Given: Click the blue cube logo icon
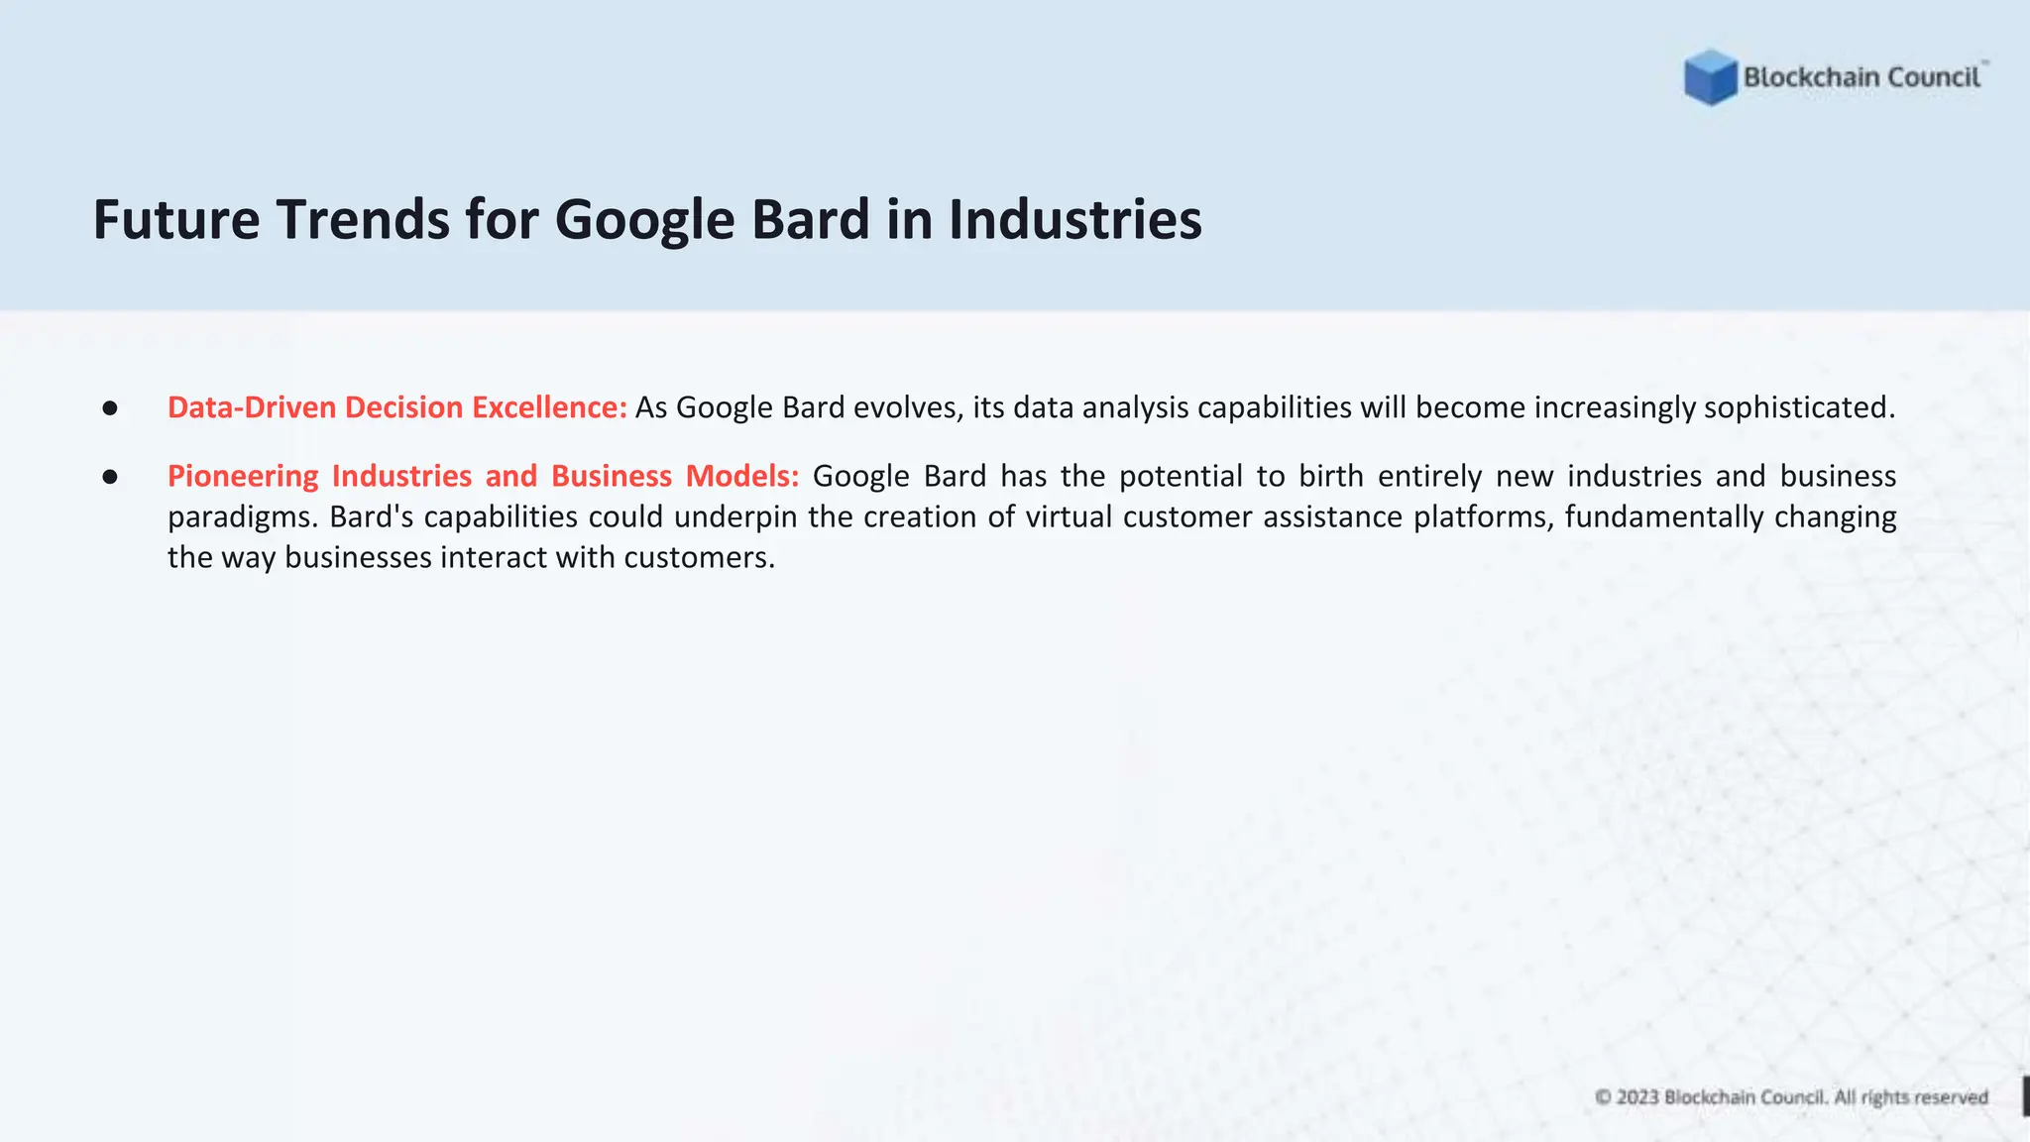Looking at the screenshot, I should [1710, 77].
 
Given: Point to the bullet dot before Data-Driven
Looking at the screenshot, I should [110, 407].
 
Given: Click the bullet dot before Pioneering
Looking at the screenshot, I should [110, 477].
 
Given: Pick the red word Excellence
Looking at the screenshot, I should [549, 407].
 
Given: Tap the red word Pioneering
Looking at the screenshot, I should [243, 476].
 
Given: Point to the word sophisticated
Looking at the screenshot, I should [1799, 407].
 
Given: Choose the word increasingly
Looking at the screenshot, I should [1615, 407].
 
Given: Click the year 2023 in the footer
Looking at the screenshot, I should [1637, 1097].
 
